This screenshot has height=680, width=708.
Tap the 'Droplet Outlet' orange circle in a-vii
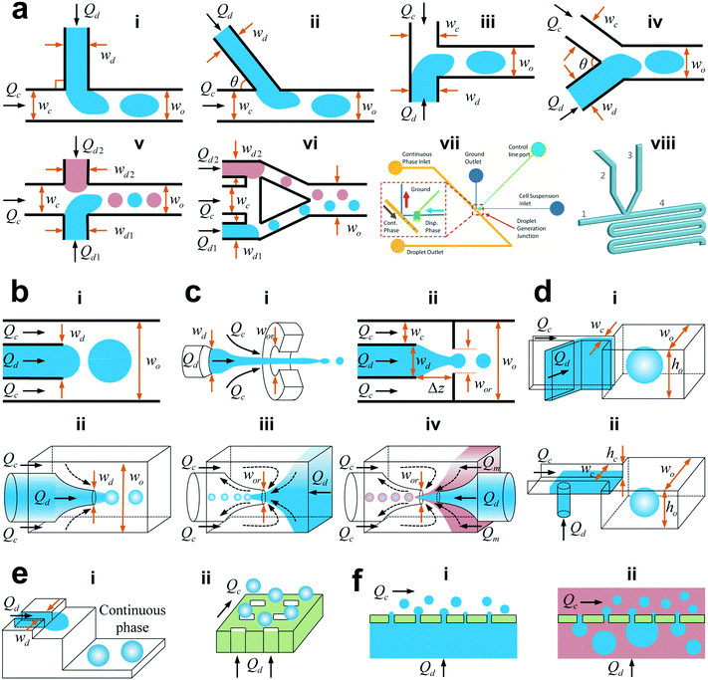point(399,244)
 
